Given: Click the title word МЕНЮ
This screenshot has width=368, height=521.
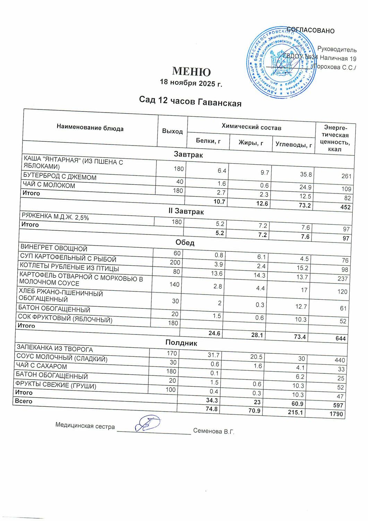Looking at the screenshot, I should click(x=191, y=72).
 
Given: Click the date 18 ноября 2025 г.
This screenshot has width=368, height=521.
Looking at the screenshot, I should click(x=190, y=83).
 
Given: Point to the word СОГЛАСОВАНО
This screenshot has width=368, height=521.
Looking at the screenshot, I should click(x=311, y=30).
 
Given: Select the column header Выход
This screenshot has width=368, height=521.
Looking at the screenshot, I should click(x=172, y=131).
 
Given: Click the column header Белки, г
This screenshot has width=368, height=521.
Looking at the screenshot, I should click(x=208, y=141).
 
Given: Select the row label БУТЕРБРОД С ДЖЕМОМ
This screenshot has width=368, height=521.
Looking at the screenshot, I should click(x=60, y=177).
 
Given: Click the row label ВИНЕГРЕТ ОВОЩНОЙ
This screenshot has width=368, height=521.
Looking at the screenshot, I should click(x=54, y=248).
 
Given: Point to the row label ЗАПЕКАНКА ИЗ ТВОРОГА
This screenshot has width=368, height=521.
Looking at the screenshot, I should click(x=54, y=349).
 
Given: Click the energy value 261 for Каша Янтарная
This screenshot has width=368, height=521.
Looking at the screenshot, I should click(x=346, y=176).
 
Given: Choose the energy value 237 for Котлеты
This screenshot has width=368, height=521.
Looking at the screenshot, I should click(x=343, y=279).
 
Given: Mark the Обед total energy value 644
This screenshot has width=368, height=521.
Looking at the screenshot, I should click(x=341, y=338).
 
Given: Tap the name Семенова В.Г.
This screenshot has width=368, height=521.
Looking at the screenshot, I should click(x=214, y=432).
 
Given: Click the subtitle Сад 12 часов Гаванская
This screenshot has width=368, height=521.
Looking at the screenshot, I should click(x=190, y=101).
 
